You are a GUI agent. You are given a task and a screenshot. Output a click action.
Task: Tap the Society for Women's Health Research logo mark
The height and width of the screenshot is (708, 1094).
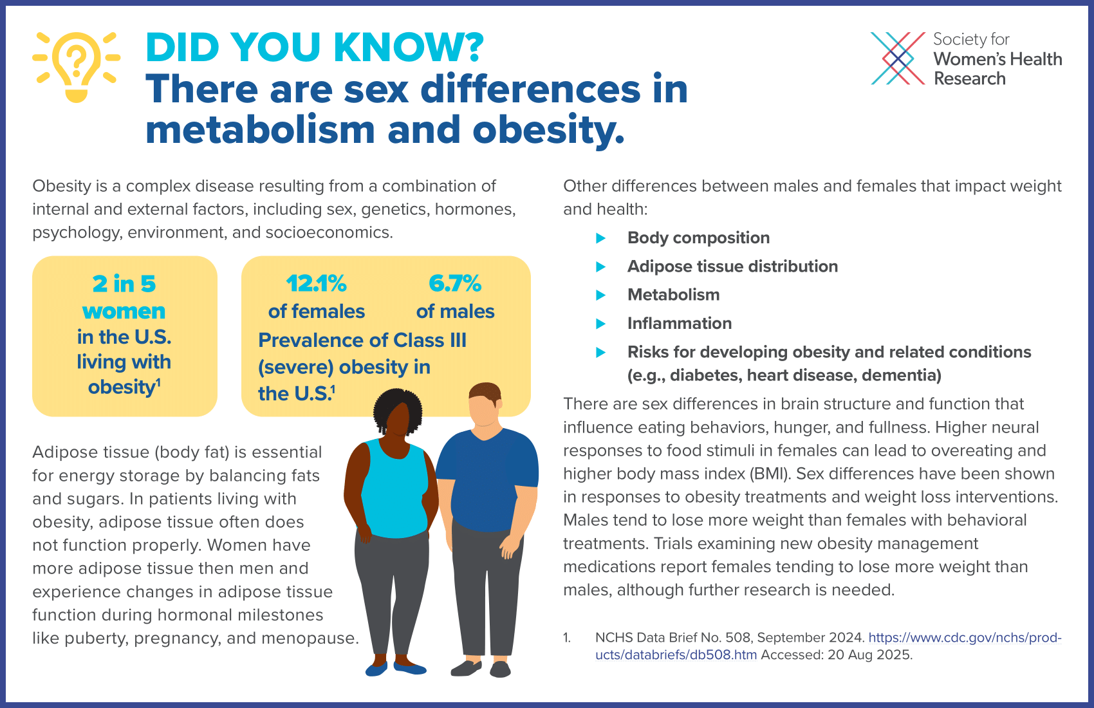tap(898, 59)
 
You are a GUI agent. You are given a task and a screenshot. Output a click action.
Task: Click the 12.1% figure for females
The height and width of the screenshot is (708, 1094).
tap(316, 283)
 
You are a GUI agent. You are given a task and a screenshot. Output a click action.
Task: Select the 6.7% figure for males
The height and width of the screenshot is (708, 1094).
tap(455, 283)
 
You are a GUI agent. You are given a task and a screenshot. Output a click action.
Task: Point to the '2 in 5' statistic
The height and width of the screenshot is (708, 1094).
tap(124, 283)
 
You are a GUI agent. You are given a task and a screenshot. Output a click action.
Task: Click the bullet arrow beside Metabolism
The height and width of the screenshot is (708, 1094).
tap(601, 295)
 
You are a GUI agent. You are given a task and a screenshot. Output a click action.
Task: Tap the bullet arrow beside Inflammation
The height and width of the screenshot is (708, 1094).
tap(601, 323)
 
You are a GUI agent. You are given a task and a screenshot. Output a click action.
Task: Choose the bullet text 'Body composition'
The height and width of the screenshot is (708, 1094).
tap(698, 238)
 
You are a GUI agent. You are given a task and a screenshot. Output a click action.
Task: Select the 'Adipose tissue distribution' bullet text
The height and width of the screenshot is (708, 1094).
tap(732, 266)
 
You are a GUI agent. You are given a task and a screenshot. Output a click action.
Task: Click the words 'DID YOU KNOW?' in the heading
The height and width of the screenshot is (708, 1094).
tap(315, 47)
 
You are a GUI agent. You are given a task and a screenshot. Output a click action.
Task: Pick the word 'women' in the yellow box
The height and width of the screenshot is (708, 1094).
tap(124, 311)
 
